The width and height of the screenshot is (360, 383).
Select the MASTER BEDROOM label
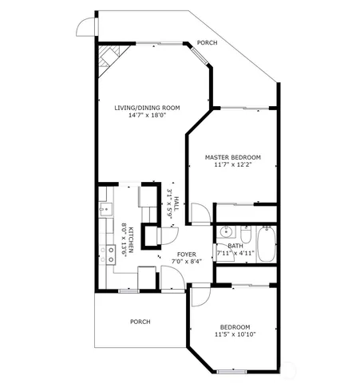coord(232,157)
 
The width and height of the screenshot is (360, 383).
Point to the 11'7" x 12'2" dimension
coord(232,166)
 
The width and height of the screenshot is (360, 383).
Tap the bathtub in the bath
coord(266,243)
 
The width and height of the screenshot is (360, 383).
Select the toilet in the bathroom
coord(246,236)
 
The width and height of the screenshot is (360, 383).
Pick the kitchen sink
coord(105,210)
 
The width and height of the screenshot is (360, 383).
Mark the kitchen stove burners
coord(109,255)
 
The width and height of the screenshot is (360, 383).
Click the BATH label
coord(235,246)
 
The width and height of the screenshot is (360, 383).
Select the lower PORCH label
coord(140,322)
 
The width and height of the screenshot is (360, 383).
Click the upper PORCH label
coord(207,43)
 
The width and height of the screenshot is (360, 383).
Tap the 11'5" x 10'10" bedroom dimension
coord(235,335)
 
